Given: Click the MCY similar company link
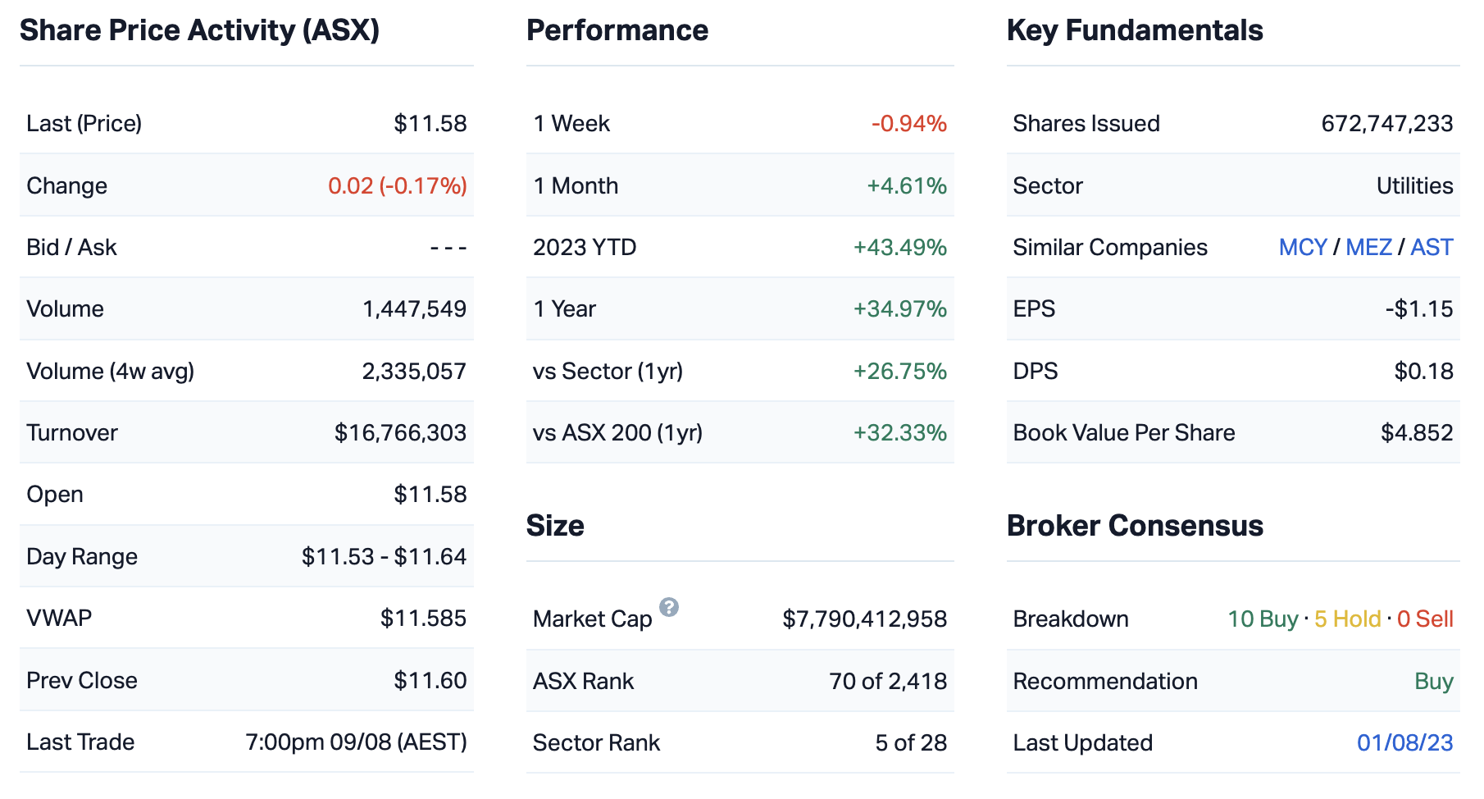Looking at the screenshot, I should click(1302, 248).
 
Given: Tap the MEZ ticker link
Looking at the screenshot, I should click(1368, 248).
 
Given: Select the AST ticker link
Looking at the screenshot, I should click(1432, 248).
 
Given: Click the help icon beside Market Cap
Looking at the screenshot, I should click(669, 607).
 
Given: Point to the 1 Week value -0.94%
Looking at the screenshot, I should click(908, 124).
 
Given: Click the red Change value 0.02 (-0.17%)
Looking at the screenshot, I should click(397, 186).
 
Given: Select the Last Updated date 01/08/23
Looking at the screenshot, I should click(1404, 743).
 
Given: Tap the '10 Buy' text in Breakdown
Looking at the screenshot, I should click(1262, 619).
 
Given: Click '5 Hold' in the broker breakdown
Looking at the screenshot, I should click(1347, 619).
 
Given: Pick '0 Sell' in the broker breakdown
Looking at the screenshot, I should click(1425, 619).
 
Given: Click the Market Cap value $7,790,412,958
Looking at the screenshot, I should click(864, 619).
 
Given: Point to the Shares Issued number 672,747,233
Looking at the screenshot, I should click(1386, 124).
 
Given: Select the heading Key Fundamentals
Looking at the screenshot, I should click(1134, 31).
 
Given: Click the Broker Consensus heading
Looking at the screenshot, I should click(1134, 526).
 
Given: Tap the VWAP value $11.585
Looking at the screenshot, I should click(423, 619).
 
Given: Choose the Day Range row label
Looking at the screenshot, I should click(82, 557).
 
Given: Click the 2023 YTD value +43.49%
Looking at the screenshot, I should click(899, 248).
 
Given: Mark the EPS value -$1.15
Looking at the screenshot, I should click(1418, 309).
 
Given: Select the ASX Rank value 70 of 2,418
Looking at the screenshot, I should click(887, 682).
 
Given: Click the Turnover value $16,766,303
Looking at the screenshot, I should click(400, 433).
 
